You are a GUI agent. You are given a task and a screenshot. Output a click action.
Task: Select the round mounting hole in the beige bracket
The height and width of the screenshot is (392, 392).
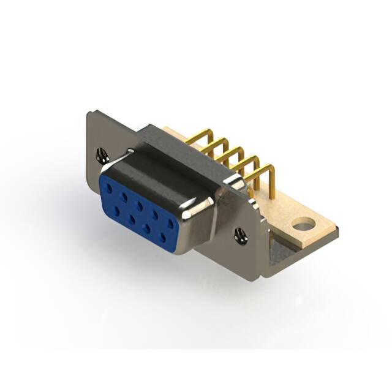click(x=302, y=226)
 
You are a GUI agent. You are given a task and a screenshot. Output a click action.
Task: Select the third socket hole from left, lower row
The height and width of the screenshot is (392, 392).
click(x=147, y=227)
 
